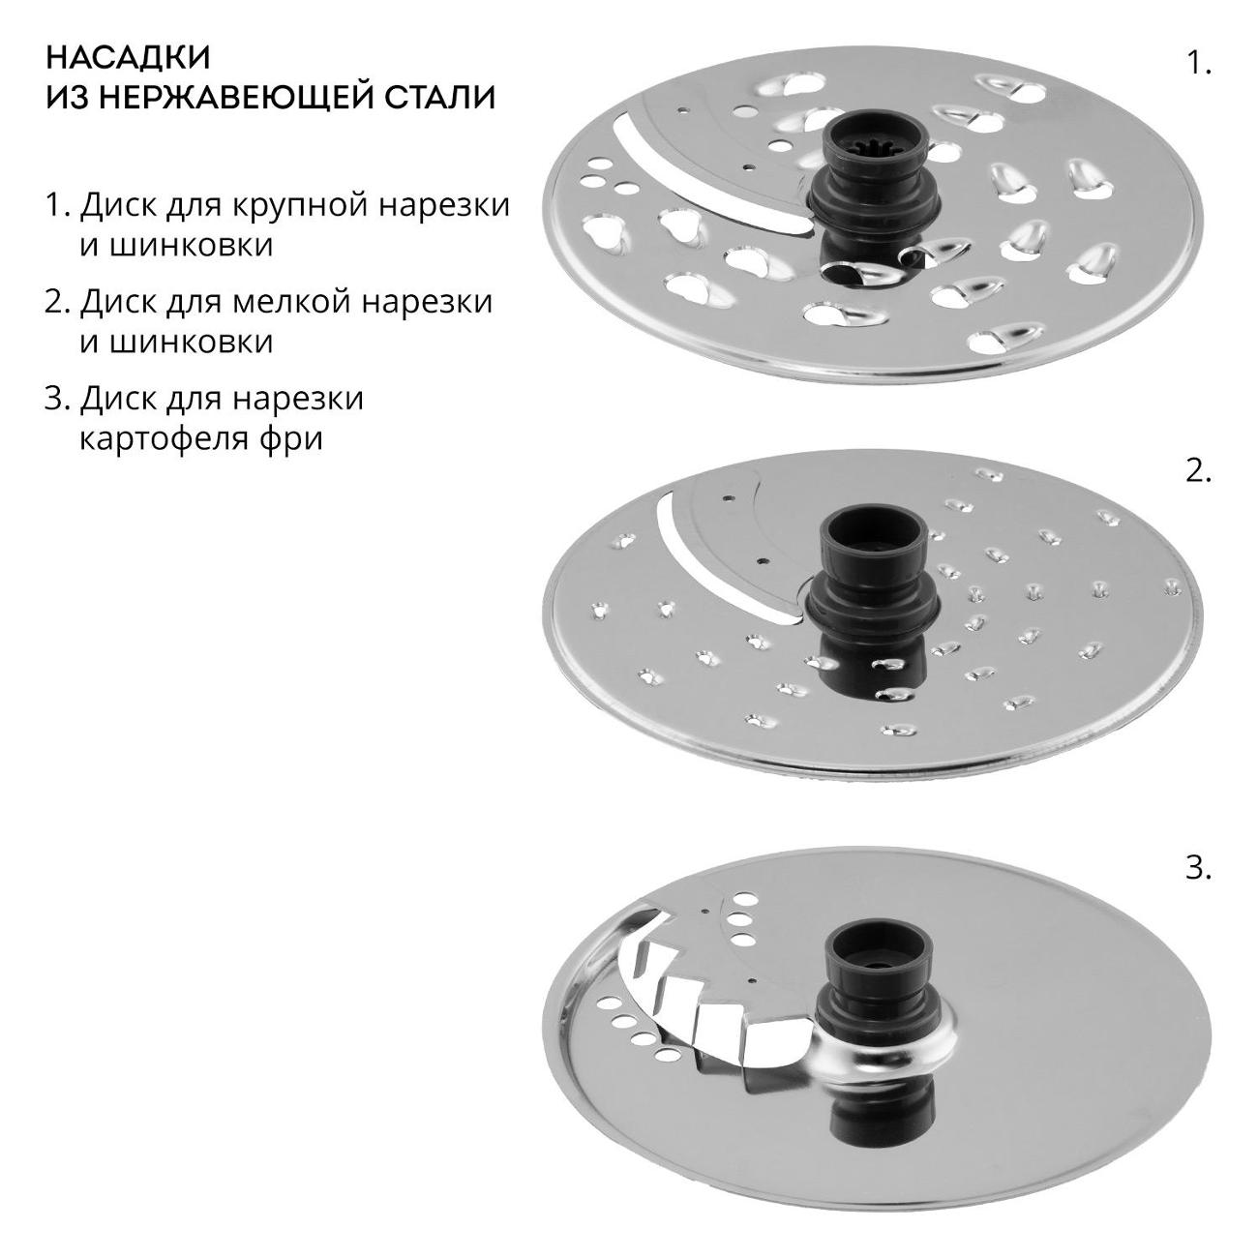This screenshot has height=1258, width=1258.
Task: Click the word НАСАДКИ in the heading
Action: (x=128, y=58)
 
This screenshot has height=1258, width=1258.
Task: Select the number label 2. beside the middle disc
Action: (x=1198, y=471)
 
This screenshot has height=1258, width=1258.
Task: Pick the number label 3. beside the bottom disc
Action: (x=1198, y=869)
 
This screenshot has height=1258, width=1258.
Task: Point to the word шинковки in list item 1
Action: (x=176, y=247)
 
